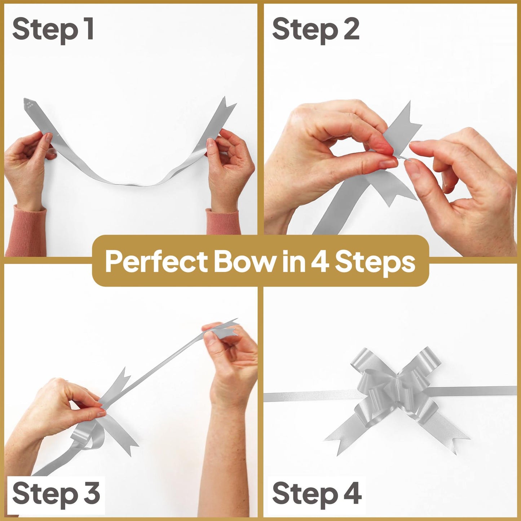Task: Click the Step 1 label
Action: (x=53, y=30)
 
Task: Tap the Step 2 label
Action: (x=315, y=30)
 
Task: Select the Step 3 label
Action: (x=56, y=494)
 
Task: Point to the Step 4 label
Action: (x=317, y=494)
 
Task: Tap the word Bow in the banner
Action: (x=244, y=262)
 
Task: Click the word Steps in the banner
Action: (x=375, y=262)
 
